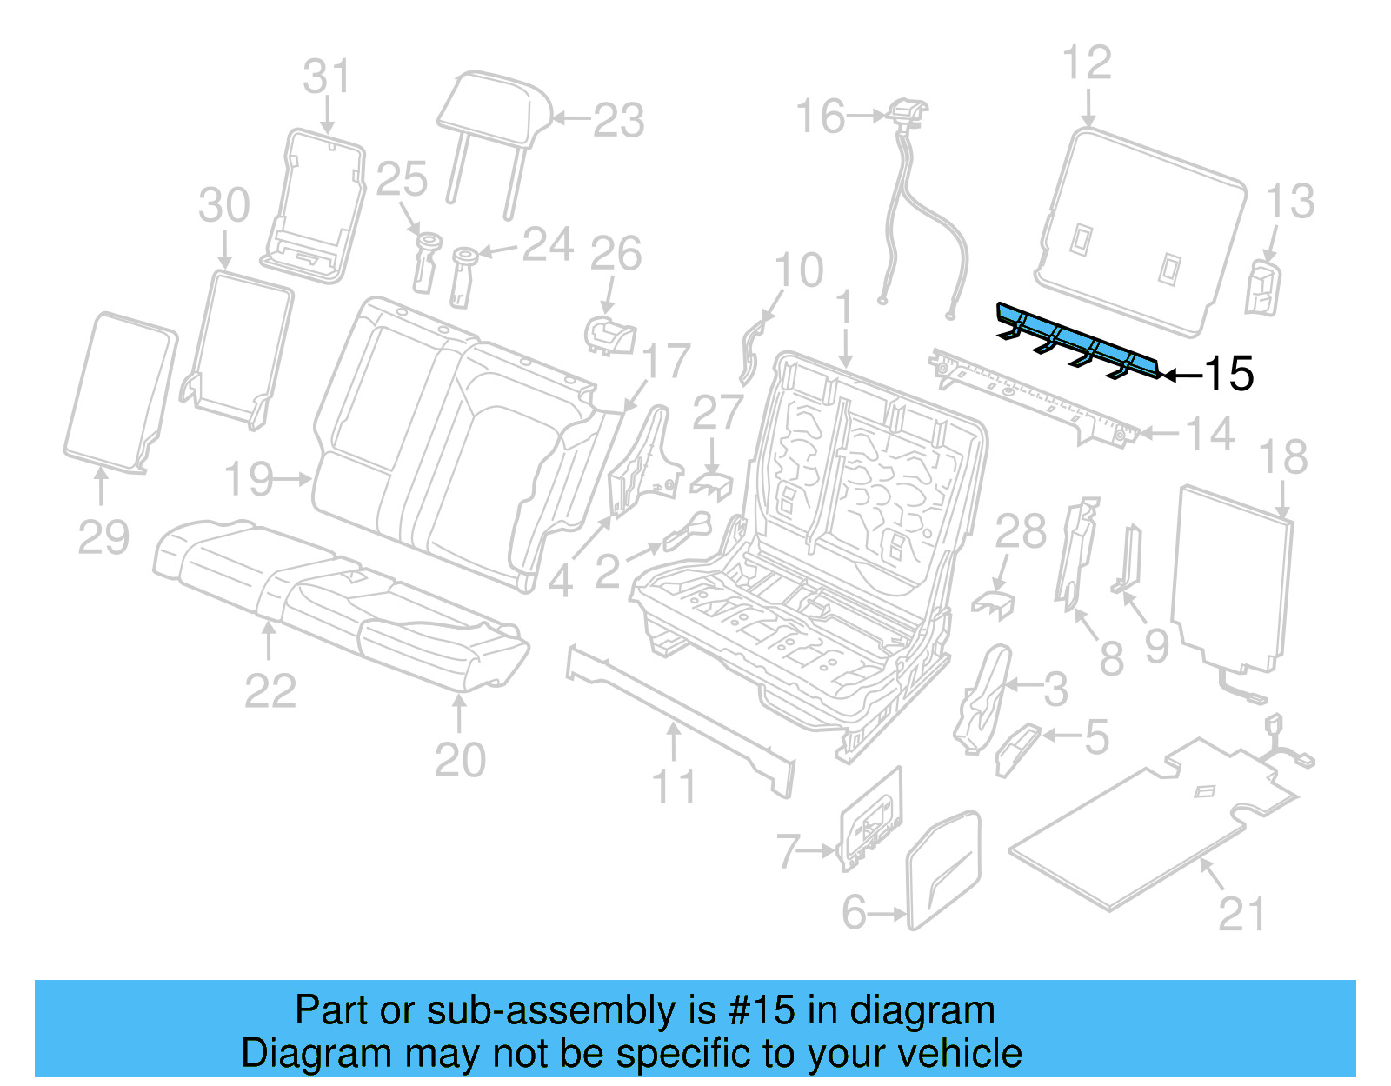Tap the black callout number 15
[1228, 374]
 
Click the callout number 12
[1087, 63]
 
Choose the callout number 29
[103, 537]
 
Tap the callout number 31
[326, 77]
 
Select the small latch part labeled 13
[1262, 287]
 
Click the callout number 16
[820, 117]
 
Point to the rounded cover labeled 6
[943, 869]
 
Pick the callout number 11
[674, 787]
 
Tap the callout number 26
[616, 254]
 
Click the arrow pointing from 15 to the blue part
[1182, 376]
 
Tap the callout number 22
[270, 691]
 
